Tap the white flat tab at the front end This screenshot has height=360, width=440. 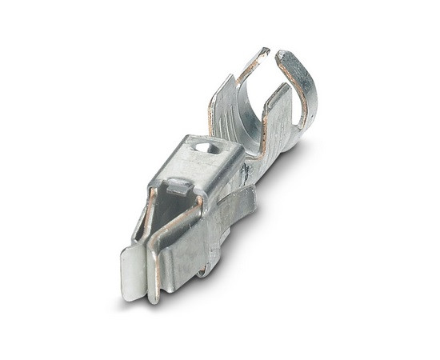[134, 272]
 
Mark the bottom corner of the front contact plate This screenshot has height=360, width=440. [154, 300]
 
